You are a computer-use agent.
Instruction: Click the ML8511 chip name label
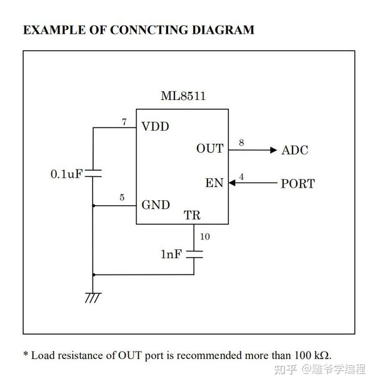[x=183, y=97]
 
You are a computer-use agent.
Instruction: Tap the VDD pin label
[x=155, y=126]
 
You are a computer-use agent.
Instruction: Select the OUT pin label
[x=210, y=149]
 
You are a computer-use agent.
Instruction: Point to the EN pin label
[x=214, y=183]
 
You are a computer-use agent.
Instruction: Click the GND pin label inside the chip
[x=156, y=205]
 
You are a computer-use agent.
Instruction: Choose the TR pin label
[x=192, y=216]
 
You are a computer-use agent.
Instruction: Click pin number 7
[x=124, y=122]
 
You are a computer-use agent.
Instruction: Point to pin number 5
[x=122, y=198]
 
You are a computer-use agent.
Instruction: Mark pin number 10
[x=204, y=236]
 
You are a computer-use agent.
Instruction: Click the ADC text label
[x=294, y=150]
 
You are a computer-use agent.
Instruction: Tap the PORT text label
[x=297, y=184]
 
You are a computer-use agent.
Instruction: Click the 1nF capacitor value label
[x=171, y=255]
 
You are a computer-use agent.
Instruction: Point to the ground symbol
[x=92, y=298]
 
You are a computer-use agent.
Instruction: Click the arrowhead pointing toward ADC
[x=272, y=149]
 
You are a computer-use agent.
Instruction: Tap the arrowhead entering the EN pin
[x=231, y=183]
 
